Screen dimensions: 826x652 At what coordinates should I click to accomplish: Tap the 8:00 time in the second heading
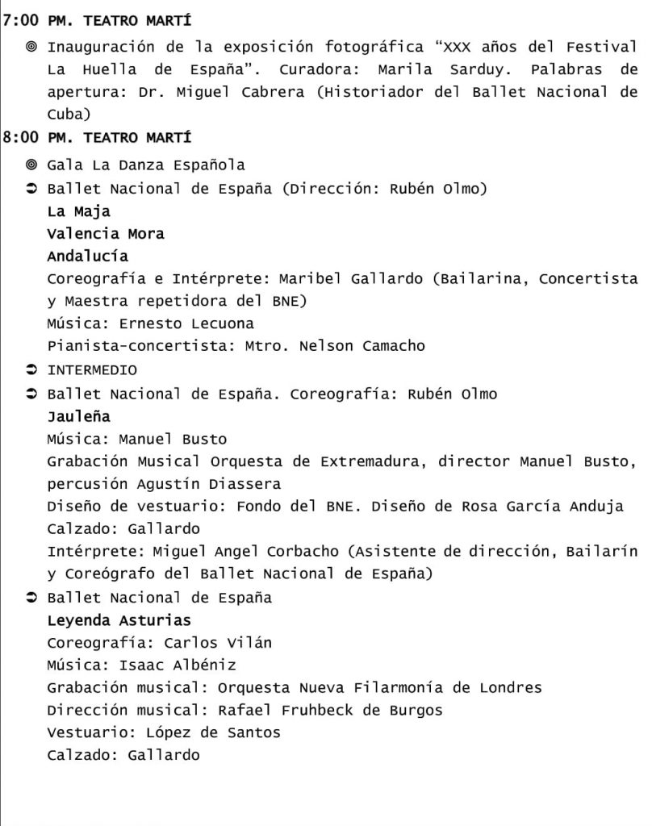coord(21,138)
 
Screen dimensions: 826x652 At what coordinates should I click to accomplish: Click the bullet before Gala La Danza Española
coord(32,165)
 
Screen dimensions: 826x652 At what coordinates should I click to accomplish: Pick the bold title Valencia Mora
coord(106,234)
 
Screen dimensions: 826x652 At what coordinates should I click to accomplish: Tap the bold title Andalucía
coord(87,257)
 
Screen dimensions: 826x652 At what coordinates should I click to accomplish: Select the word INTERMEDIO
coord(92,370)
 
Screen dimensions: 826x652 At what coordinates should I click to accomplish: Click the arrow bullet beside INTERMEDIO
coord(32,370)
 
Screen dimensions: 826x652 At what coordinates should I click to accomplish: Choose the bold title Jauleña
coord(78,417)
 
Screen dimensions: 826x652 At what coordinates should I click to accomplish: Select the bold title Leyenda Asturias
coord(119,620)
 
